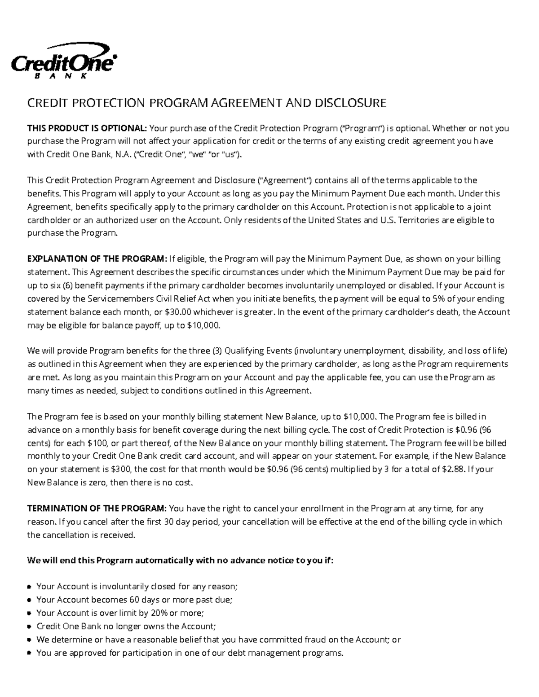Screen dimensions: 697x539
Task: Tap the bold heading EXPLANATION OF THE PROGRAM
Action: click(x=97, y=259)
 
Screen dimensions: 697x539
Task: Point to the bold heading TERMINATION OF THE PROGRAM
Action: click(x=97, y=509)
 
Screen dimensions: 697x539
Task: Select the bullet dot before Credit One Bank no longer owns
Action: click(x=29, y=627)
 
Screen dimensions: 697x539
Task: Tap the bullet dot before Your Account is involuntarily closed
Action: click(x=29, y=587)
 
